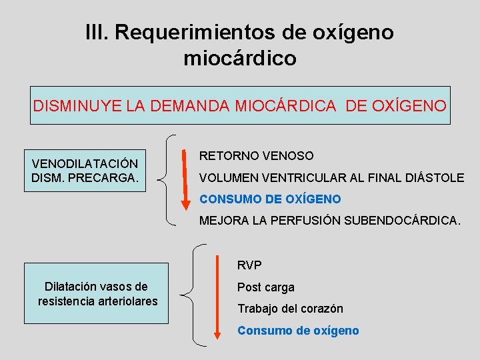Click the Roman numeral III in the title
99,32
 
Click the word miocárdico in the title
240,59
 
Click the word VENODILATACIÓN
85,163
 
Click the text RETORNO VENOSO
257,155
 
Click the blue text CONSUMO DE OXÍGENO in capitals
270,199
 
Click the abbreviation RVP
249,265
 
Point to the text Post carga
265,287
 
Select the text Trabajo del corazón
290,309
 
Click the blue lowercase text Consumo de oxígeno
298,331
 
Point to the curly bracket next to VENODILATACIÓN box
168,179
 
